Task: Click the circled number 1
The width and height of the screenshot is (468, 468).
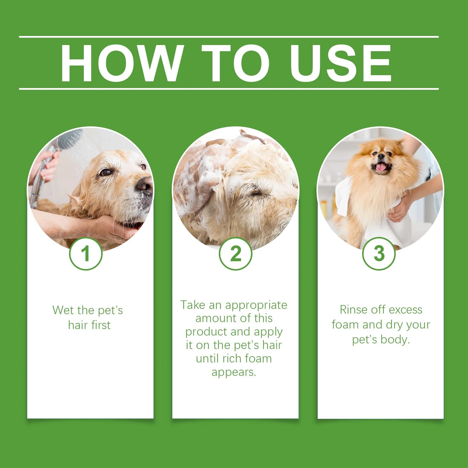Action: (x=86, y=254)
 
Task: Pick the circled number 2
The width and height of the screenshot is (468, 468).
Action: (x=235, y=254)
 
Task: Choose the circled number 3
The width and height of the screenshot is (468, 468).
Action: (x=379, y=254)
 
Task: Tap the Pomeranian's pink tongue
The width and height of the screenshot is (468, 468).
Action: (x=381, y=167)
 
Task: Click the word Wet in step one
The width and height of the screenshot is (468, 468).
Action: (x=63, y=310)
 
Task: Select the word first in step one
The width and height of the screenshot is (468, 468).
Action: (x=101, y=325)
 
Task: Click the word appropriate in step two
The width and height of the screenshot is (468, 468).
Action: (x=256, y=305)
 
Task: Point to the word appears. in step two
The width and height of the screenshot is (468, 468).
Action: (x=234, y=372)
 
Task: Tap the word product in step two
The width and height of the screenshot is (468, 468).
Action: (x=206, y=332)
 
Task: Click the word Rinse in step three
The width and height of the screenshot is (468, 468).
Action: (x=353, y=310)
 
